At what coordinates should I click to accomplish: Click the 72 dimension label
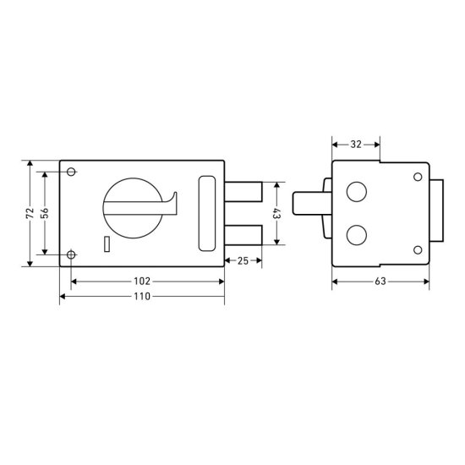point(30,213)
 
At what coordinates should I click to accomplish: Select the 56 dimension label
point(45,213)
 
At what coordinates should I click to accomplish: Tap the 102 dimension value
point(142,282)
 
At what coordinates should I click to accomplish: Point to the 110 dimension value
point(142,296)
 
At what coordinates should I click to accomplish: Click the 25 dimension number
point(243,260)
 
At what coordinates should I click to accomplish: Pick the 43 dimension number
point(276,214)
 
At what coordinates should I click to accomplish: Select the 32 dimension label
point(356,145)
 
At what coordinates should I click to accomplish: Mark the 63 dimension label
point(380,282)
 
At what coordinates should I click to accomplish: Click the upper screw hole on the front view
point(71,172)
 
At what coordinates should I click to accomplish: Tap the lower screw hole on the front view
point(71,254)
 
